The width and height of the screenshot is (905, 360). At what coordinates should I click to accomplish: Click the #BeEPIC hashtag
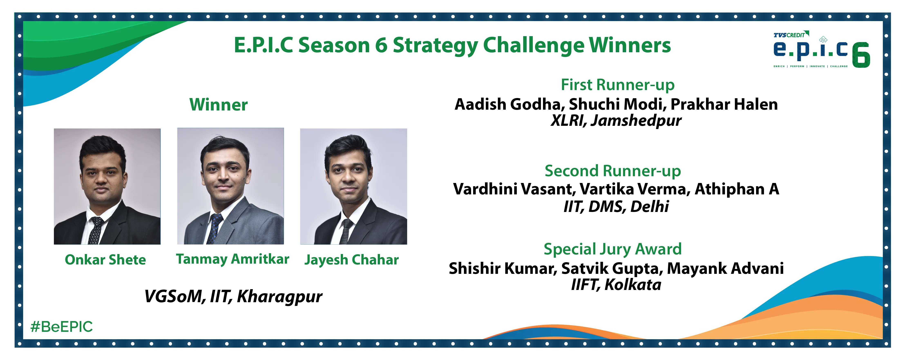click(x=61, y=327)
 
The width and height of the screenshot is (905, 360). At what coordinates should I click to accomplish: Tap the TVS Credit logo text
click(x=789, y=35)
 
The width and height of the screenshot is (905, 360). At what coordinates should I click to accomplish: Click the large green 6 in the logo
click(x=861, y=55)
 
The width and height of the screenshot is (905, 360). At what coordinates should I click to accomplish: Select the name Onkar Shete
click(x=105, y=260)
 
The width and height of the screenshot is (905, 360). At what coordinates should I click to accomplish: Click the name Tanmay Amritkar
click(x=232, y=259)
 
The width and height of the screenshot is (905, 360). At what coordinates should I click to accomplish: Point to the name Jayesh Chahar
click(x=351, y=260)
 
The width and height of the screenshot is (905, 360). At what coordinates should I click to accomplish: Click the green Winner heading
click(x=219, y=105)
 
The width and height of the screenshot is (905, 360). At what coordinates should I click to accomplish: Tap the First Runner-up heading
click(x=618, y=85)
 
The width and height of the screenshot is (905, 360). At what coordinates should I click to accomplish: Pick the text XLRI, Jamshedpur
click(x=616, y=120)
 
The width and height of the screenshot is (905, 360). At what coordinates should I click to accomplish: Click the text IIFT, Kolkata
click(x=616, y=284)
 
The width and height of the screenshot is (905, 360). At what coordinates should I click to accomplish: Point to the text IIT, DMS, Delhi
click(x=616, y=206)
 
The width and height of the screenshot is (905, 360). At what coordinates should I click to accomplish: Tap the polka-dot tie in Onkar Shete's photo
click(x=95, y=230)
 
